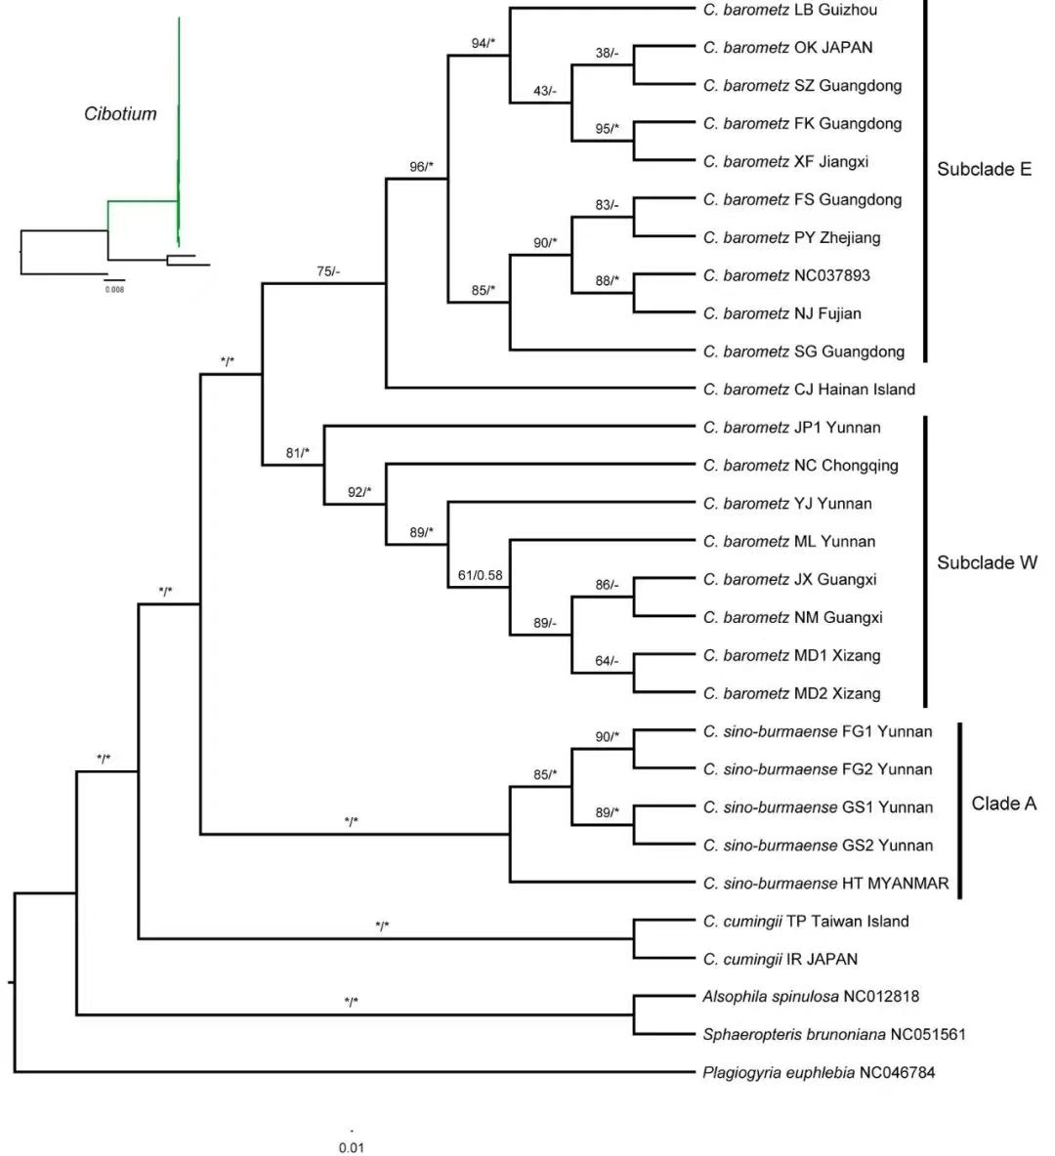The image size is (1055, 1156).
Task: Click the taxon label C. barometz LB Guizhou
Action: (789, 10)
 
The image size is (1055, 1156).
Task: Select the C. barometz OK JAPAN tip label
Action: (787, 48)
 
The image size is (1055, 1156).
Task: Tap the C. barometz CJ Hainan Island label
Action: (809, 390)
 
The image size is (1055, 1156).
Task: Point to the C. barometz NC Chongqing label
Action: (800, 466)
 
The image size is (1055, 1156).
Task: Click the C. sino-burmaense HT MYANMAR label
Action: (825, 884)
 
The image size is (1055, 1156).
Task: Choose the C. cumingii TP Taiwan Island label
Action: (805, 922)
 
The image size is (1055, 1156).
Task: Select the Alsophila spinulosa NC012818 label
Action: (810, 997)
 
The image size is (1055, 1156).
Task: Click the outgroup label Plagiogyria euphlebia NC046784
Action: (818, 1073)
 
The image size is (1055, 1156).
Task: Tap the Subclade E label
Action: (984, 169)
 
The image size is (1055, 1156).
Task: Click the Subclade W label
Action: (987, 562)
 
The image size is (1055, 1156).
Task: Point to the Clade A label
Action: (1003, 804)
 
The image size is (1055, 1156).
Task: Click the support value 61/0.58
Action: (480, 575)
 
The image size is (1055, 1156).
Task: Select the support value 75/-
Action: (329, 271)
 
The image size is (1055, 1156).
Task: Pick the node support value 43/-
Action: (544, 91)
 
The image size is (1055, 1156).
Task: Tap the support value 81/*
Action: (297, 452)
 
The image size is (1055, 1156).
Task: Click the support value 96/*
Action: (421, 167)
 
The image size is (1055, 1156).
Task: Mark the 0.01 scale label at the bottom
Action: (351, 1147)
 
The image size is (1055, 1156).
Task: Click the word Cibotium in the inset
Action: (120, 113)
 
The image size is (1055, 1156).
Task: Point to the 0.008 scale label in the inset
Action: (115, 289)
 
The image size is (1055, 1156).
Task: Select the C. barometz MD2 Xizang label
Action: (791, 694)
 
